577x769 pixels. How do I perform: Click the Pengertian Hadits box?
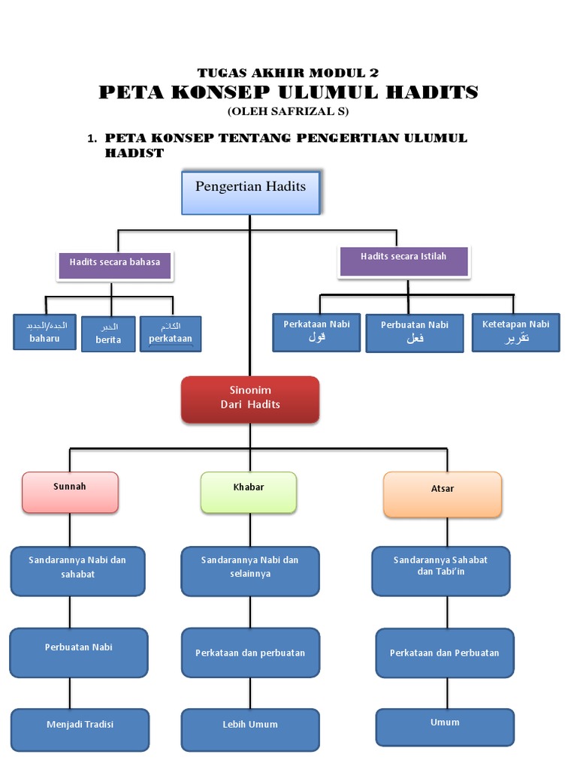251,192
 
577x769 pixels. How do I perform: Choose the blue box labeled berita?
109,334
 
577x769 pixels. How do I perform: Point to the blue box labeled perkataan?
171,333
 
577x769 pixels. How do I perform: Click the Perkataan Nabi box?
316,332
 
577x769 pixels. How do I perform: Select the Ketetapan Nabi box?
515,332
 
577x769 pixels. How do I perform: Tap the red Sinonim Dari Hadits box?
250,398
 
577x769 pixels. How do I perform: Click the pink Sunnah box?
70,492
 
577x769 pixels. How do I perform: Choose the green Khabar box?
249,493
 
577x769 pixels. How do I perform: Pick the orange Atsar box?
443,494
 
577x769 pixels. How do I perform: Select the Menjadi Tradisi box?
80,730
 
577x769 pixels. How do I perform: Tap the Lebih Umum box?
250,730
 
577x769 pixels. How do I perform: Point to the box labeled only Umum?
445,727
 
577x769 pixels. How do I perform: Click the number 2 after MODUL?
373,73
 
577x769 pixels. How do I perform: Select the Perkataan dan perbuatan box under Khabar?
250,653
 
